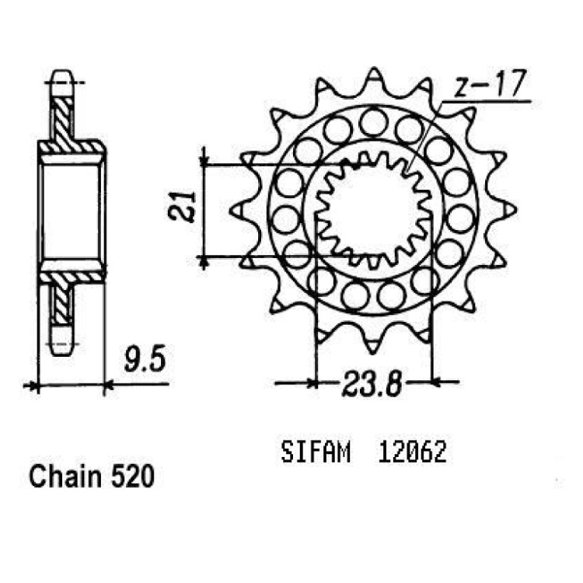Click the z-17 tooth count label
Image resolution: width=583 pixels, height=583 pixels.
(x=490, y=83)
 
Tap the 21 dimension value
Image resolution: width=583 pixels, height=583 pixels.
(x=182, y=207)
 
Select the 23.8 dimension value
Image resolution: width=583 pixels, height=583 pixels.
(x=372, y=382)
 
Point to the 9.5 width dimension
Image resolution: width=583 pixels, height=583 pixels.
(x=145, y=358)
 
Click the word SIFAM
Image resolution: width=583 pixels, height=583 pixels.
(x=316, y=452)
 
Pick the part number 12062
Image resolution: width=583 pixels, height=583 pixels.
(x=412, y=452)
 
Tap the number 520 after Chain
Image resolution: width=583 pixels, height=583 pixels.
(x=132, y=477)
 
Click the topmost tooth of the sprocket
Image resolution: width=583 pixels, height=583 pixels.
(x=375, y=75)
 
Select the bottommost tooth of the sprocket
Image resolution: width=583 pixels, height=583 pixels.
(x=372, y=345)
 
